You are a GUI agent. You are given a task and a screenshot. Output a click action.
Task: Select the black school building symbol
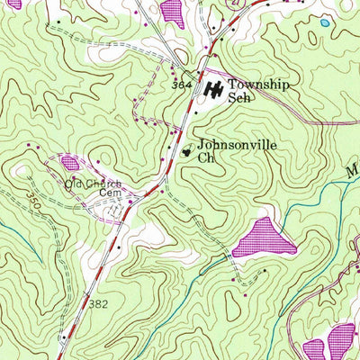tap(214, 90)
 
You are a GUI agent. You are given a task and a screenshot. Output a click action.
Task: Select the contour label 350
tap(34, 196)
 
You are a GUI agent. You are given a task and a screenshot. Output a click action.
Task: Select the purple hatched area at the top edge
tap(172, 11)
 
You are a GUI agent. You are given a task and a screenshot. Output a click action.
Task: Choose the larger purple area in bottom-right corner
tap(342, 341)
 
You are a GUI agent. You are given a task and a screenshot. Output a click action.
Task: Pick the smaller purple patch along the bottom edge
tap(314, 350)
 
